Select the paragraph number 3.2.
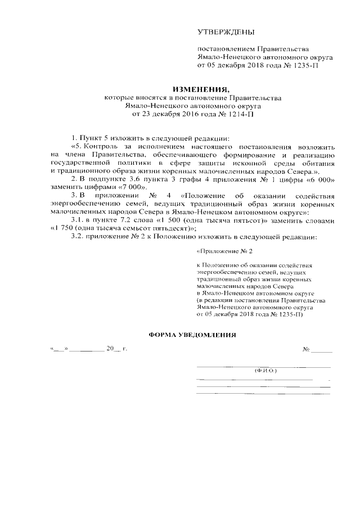click(x=78, y=237)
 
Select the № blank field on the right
click(x=322, y=350)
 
